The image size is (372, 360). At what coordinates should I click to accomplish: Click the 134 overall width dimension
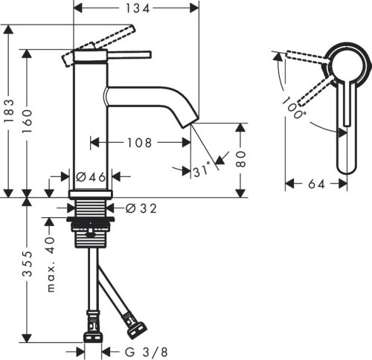136,8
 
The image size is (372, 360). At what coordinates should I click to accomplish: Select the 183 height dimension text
10,114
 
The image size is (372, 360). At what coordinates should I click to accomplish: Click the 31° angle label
202,172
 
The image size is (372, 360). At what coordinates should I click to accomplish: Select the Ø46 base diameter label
92,178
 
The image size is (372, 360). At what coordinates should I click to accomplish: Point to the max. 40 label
51,256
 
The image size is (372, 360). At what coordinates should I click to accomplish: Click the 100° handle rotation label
293,110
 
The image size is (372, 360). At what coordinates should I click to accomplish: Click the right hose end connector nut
136,326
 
